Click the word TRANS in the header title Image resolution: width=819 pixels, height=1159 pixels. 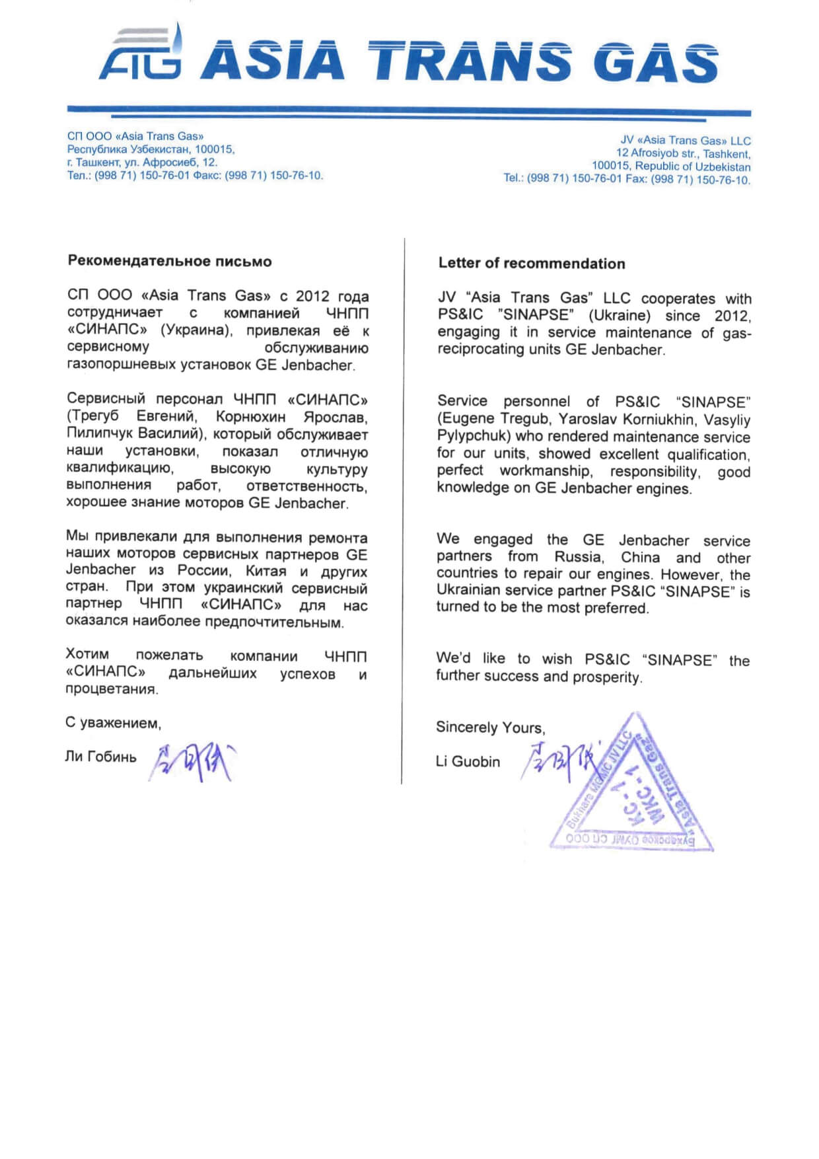(470, 61)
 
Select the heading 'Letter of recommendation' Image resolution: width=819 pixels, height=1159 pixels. (531, 263)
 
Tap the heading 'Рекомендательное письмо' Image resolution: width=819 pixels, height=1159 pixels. (170, 261)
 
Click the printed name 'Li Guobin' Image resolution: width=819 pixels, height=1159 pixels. (468, 761)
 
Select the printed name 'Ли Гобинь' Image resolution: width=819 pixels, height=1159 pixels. (100, 757)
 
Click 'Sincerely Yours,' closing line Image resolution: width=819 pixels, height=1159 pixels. (490, 728)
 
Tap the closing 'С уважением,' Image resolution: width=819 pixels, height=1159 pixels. (113, 723)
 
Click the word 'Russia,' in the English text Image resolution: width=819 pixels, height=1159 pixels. (579, 557)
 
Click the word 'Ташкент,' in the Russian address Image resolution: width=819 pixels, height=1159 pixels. (98, 163)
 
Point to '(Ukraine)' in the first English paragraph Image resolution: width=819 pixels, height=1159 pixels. (619, 315)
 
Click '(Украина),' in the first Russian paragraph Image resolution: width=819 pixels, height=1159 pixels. (197, 330)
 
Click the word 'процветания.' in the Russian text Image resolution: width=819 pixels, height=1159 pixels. (112, 689)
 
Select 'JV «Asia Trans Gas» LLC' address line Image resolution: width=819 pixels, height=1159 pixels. (685, 140)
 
